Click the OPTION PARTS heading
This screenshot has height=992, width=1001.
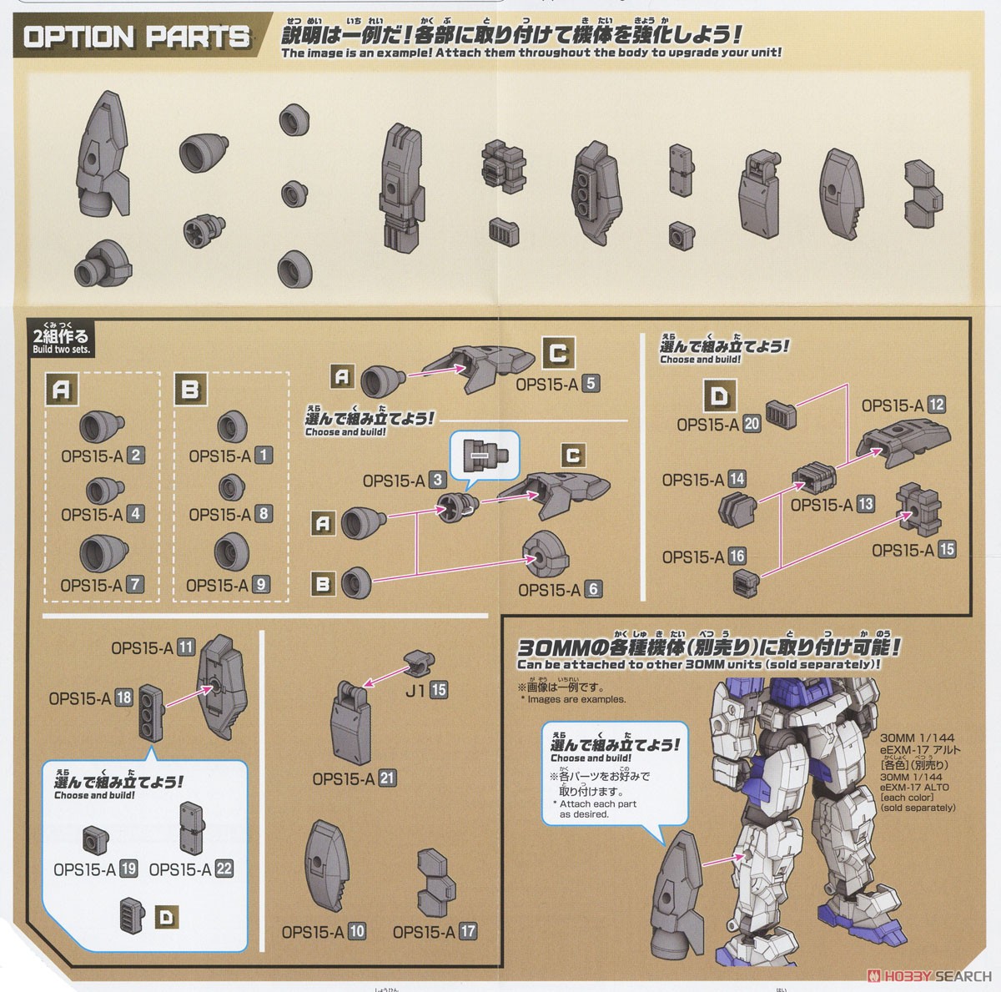click(137, 37)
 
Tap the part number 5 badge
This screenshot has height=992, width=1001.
click(591, 384)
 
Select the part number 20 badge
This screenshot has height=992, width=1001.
click(752, 424)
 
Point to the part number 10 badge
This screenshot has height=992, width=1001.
click(357, 931)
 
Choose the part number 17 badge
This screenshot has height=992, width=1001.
click(468, 931)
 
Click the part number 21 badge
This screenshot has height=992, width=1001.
click(386, 778)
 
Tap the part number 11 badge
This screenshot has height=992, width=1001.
click(185, 647)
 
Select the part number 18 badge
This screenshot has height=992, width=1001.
click(123, 697)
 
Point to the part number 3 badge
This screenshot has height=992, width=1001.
click(437, 481)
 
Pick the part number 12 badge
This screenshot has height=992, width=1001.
click(936, 405)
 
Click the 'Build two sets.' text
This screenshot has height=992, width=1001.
click(60, 350)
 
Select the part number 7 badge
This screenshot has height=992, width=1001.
click(135, 585)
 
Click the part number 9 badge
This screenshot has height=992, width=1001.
click(261, 585)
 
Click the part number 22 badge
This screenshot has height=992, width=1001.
click(224, 869)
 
